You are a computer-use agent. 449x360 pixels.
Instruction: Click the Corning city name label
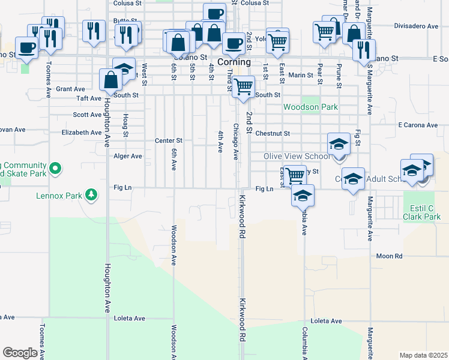(234, 62)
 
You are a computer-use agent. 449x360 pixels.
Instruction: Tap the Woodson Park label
(310, 107)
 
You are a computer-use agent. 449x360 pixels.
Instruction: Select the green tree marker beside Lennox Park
(91, 194)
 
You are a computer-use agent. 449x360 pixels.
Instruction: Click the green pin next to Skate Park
(55, 169)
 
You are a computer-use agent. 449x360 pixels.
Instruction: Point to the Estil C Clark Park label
(422, 212)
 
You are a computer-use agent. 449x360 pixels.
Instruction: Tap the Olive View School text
(297, 157)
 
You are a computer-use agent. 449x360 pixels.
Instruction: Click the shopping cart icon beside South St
(243, 86)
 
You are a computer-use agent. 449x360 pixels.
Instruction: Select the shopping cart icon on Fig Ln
(295, 176)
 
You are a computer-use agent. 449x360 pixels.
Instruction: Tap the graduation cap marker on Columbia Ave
(303, 196)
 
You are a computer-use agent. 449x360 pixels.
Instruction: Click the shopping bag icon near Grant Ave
(111, 79)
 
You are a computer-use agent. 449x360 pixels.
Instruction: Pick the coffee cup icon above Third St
(233, 43)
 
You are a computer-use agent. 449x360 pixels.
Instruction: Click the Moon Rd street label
(389, 256)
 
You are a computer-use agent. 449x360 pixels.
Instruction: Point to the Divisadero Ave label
(417, 26)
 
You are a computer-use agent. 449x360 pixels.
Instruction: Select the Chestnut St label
(273, 133)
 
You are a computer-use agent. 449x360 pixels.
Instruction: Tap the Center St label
(168, 140)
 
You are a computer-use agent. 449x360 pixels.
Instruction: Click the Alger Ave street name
(128, 156)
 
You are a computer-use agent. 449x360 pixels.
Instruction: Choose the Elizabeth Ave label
(82, 132)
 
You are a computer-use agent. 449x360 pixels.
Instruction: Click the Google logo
(20, 353)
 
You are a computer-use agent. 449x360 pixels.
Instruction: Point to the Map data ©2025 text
(423, 355)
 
